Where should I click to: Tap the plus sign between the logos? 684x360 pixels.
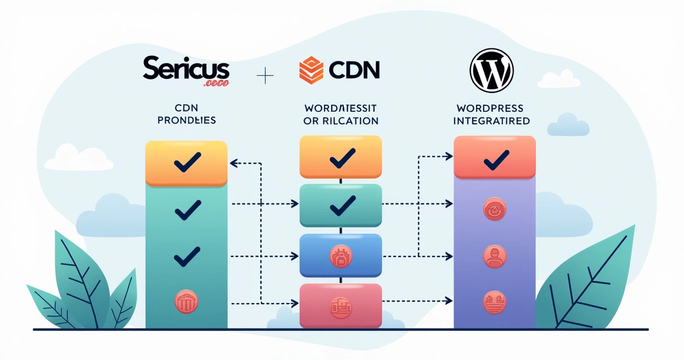click(x=264, y=75)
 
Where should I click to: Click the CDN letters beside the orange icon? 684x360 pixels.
click(x=354, y=70)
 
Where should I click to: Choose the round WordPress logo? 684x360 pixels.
click(x=491, y=70)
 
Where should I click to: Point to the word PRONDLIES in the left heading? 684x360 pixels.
click(x=187, y=120)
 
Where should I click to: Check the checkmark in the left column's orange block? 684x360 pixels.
click(x=187, y=164)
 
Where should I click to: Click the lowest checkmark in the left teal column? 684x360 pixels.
click(x=187, y=258)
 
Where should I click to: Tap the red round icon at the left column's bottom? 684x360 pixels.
click(x=187, y=302)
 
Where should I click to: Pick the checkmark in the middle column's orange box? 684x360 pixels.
click(x=341, y=158)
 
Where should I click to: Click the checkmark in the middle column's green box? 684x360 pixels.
click(x=341, y=205)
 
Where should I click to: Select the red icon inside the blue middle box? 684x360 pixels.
click(x=341, y=256)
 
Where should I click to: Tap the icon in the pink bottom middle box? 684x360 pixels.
click(x=341, y=307)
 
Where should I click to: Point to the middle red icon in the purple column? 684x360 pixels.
click(x=494, y=256)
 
